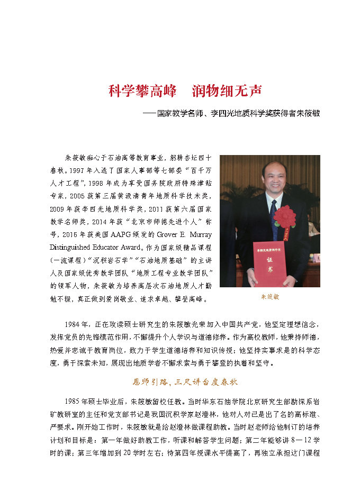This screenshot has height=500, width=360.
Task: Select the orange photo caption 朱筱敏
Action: (270, 297)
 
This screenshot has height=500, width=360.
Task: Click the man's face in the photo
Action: (274, 180)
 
